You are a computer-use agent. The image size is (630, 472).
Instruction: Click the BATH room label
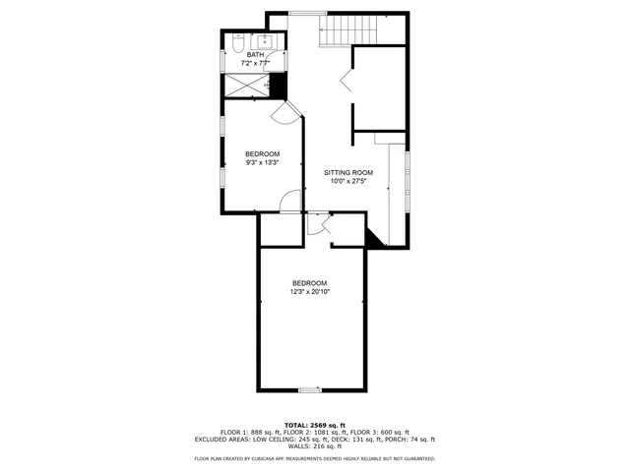[255, 55]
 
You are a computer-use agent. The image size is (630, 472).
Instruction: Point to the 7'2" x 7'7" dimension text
[255, 63]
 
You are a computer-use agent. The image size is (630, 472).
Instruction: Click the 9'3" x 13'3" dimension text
[262, 162]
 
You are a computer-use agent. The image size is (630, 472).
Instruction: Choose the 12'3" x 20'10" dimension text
[309, 292]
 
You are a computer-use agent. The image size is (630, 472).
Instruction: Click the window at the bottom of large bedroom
[309, 390]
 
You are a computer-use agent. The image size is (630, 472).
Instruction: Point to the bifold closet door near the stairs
[346, 81]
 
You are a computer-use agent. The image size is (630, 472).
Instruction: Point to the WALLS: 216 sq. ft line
[314, 447]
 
